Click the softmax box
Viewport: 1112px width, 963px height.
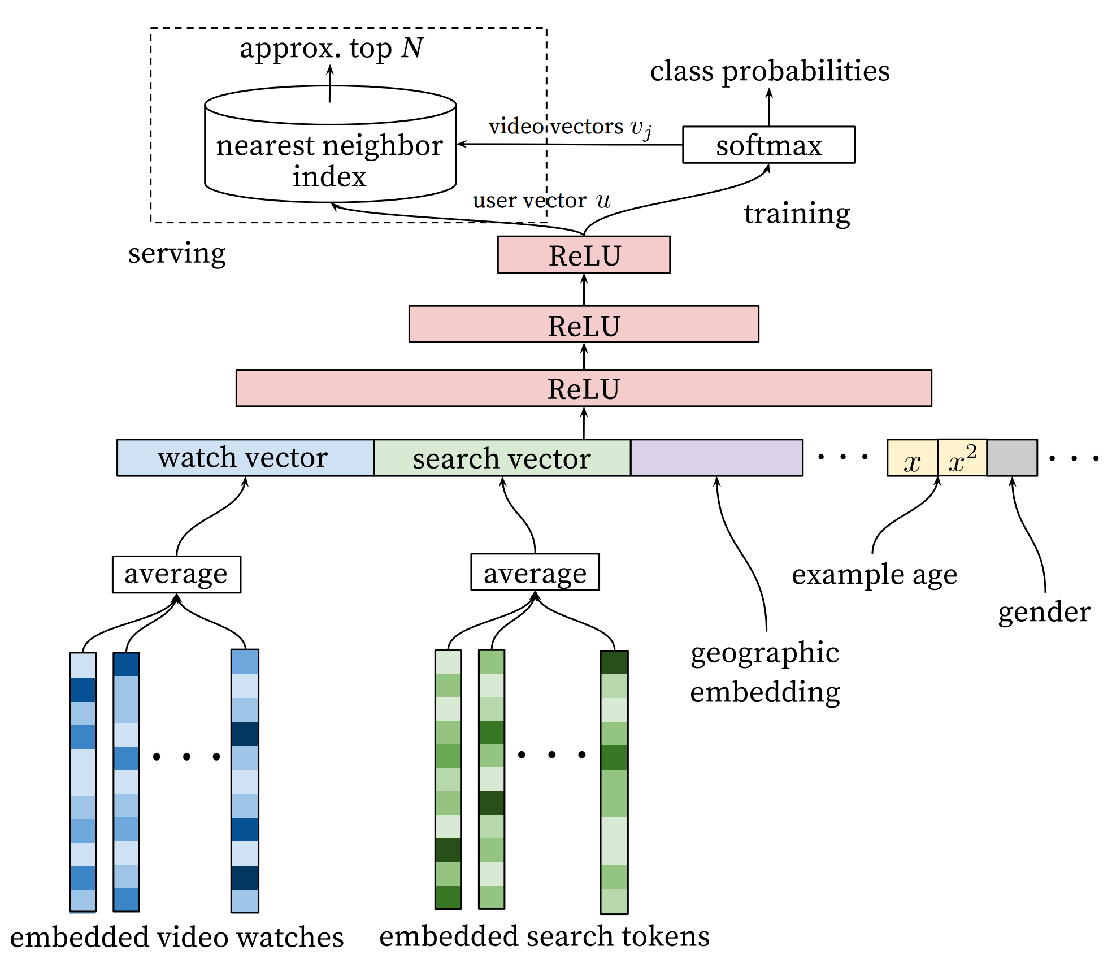[x=768, y=145]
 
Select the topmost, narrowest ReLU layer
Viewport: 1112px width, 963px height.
[x=584, y=255]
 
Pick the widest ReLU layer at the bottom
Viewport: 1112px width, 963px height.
[x=584, y=388]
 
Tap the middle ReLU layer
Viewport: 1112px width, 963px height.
[x=584, y=324]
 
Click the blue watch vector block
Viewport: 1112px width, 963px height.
[x=245, y=458]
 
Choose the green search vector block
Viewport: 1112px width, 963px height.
[x=502, y=458]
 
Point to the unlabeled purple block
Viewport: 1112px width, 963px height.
[x=716, y=458]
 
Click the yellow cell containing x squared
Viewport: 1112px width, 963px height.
[x=962, y=458]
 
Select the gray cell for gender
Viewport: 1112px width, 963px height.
[x=1012, y=458]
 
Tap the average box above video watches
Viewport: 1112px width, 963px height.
[x=176, y=575]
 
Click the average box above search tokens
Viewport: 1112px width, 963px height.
[x=535, y=572]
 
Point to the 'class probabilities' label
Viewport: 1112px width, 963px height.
[x=770, y=71]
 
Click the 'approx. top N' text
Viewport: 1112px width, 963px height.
[x=331, y=49]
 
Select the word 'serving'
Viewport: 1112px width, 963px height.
[x=177, y=253]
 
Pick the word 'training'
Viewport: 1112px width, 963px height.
[x=797, y=214]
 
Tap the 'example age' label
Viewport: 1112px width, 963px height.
[x=874, y=575]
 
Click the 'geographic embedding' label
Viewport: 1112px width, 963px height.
[x=765, y=673]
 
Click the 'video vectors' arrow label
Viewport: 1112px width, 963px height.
[x=570, y=127]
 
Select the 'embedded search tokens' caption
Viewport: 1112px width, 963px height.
[x=544, y=936]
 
